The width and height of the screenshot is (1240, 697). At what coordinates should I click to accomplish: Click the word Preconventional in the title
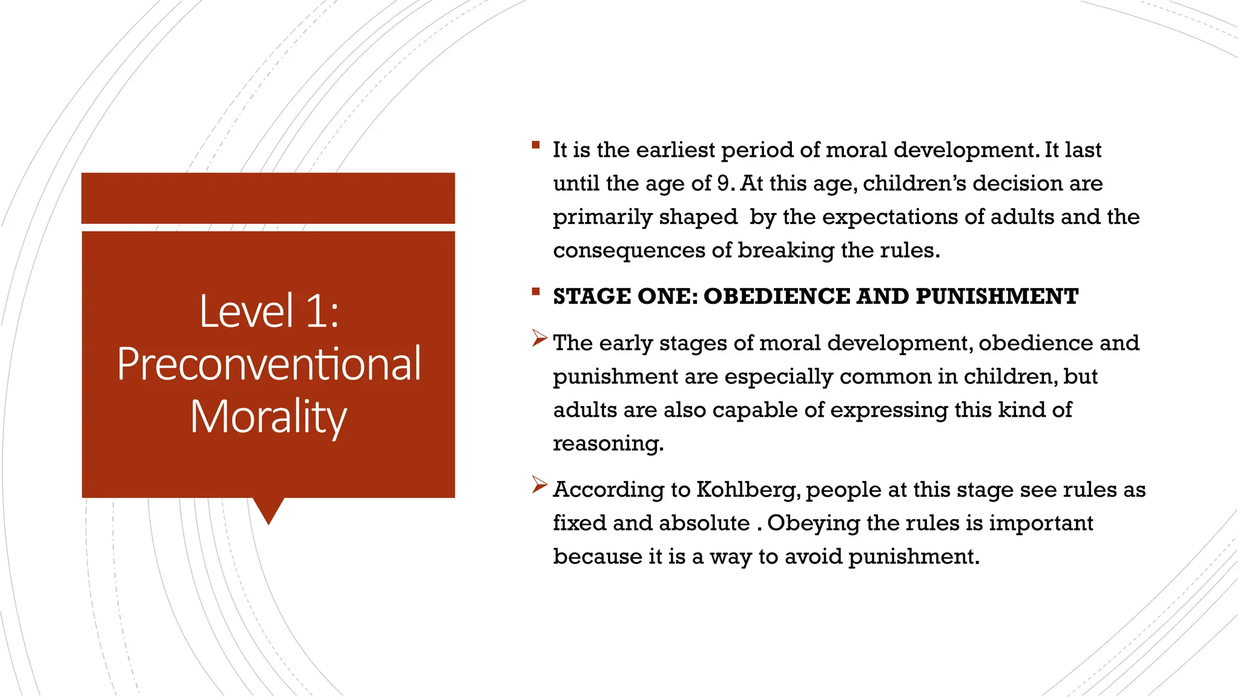coord(269,364)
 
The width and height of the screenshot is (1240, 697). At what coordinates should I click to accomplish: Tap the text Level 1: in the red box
coord(269,311)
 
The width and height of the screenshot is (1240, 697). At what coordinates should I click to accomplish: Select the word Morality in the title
coord(269,417)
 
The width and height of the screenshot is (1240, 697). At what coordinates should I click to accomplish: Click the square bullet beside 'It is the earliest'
coord(536,145)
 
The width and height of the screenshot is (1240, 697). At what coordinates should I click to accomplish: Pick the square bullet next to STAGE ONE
coord(536,292)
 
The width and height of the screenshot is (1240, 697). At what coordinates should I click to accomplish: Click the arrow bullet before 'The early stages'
coord(539,338)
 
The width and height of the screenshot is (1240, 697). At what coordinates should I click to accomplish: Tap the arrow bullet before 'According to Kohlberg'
coord(539,485)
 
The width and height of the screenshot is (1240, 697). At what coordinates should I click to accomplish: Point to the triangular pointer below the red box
coord(268,509)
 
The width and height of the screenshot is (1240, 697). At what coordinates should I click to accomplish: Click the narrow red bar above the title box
coord(268,198)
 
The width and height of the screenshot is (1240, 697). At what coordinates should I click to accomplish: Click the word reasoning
coord(608,444)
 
